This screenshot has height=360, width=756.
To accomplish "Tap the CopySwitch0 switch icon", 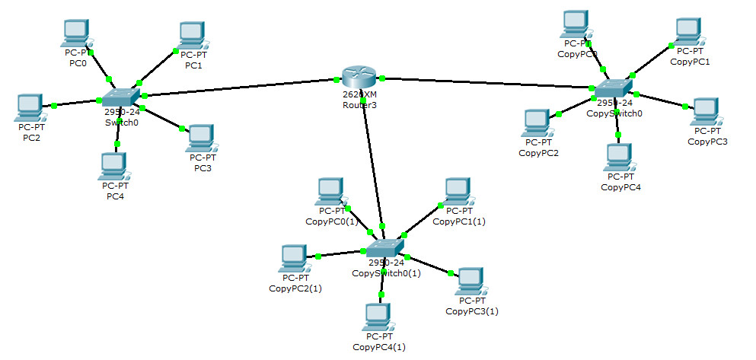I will click(x=614, y=89).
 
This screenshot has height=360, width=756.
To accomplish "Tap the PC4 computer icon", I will click(x=113, y=167).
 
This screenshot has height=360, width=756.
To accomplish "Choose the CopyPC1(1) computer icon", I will click(x=458, y=192).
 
